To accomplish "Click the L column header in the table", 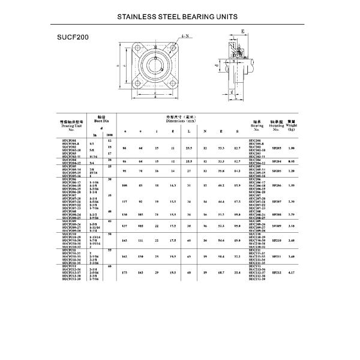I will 189,131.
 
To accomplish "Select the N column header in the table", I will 205,131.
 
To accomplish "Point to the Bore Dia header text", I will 101,121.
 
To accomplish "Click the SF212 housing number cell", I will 277,273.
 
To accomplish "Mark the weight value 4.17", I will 292,273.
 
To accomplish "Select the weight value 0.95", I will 292,161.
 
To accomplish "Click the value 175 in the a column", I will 124,273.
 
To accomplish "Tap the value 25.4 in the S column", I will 238,273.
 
